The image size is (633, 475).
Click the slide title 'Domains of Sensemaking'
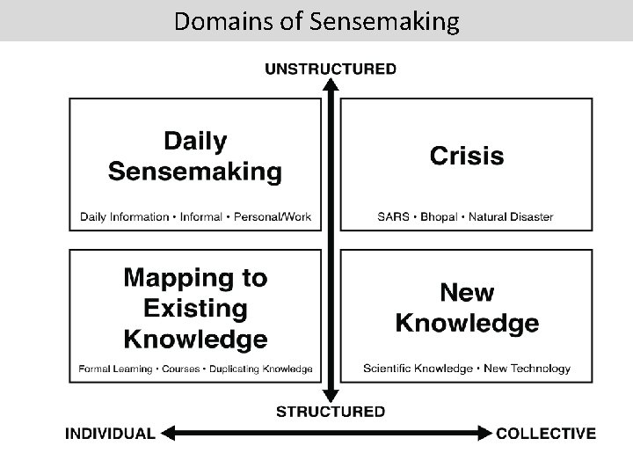point(316,20)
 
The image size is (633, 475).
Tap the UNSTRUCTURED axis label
point(331,69)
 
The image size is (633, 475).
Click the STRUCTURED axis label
point(331,411)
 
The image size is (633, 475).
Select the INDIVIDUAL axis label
point(111,433)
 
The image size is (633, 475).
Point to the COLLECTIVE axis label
point(546,433)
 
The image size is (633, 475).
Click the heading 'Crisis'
point(466,157)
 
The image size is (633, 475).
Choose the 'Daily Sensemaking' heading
point(195,156)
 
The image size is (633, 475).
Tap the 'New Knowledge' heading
point(466,307)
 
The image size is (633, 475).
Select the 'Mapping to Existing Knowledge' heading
point(195,308)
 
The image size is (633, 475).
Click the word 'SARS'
point(393,216)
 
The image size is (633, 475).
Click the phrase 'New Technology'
point(527,369)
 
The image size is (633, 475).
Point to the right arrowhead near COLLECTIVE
point(484,433)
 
